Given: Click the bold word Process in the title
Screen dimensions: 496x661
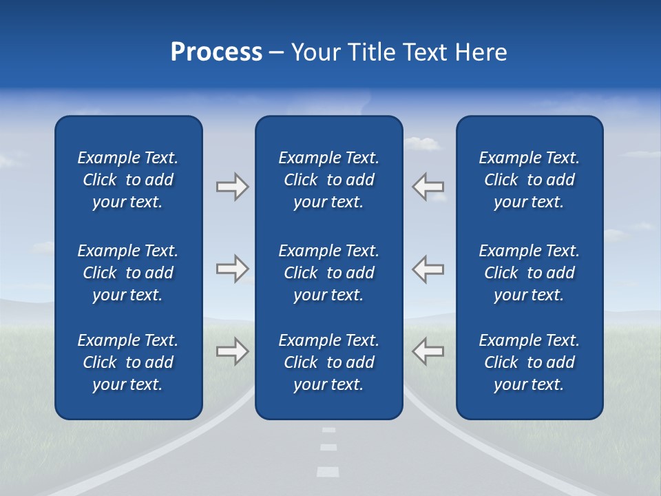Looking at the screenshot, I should pos(216,52).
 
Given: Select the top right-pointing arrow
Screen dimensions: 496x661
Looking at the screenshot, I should pos(232,187).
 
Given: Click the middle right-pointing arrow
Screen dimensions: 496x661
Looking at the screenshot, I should pos(232,269).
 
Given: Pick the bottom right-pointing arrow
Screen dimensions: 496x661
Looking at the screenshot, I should pos(232,351).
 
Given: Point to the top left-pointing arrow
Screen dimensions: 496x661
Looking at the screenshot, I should pos(428,187).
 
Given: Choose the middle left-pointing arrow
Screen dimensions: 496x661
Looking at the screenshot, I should pos(428,269).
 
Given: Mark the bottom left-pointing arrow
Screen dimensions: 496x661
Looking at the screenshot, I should pos(428,351).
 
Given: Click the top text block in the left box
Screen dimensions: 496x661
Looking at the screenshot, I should pos(128,180).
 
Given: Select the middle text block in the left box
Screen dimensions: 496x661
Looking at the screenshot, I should pos(128,273).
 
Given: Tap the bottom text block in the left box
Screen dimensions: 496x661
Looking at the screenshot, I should pos(128,362).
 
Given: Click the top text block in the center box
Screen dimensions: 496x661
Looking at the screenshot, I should pos(328,180).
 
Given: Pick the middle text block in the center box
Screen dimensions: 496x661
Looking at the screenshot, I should pos(328,273).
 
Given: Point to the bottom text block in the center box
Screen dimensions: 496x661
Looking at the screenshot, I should pos(328,362).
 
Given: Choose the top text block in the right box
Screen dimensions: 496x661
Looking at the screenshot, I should pos(529,180).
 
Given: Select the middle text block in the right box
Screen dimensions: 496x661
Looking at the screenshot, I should pos(529,273).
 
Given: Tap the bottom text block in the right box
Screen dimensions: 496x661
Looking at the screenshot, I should pos(529,362).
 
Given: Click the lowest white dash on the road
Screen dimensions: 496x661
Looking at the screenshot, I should pos(328,472).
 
